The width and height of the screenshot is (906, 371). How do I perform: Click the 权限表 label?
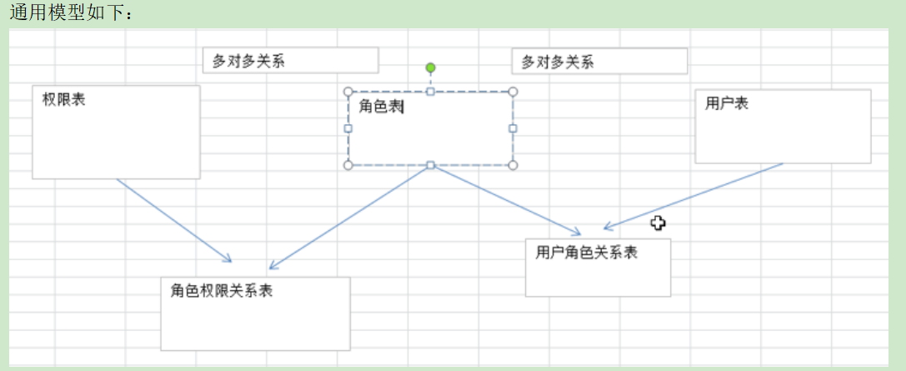(64, 100)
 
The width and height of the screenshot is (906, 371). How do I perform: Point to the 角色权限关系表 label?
(222, 290)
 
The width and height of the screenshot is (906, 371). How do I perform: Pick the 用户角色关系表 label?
(587, 252)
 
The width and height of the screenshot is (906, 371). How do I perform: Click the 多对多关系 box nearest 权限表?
(290, 61)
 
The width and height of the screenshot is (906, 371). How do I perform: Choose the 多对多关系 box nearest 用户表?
(599, 62)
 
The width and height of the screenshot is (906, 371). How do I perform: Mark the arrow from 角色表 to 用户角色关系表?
(504, 199)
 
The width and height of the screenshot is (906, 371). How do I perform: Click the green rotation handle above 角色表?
(430, 68)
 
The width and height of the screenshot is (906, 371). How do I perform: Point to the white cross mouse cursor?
(658, 223)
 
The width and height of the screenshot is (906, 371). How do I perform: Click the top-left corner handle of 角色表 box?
(348, 92)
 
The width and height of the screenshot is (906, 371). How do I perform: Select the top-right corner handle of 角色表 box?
(513, 92)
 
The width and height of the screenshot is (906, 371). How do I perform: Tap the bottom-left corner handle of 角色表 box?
(348, 165)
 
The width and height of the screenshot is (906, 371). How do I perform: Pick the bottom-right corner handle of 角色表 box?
(513, 165)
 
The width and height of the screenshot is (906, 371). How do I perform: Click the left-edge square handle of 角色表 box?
(348, 128)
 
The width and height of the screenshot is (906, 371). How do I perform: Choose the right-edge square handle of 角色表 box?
(513, 128)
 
